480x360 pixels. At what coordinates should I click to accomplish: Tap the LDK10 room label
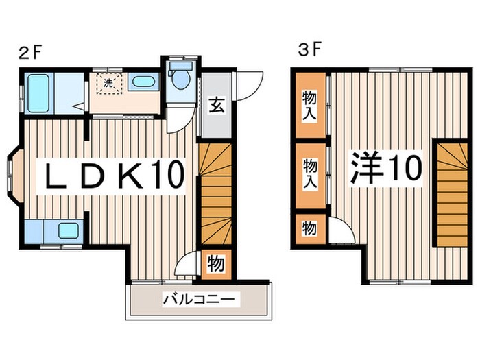115,176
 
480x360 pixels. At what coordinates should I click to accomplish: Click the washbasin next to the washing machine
143,82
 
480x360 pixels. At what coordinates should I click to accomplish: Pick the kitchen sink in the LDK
68,230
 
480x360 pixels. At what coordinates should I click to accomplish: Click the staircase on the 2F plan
215,193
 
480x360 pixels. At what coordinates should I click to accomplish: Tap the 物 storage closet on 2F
215,263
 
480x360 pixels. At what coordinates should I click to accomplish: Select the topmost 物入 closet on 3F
309,106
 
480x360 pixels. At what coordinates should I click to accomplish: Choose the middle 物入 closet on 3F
309,174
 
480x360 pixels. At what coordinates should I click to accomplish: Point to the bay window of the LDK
14,176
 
